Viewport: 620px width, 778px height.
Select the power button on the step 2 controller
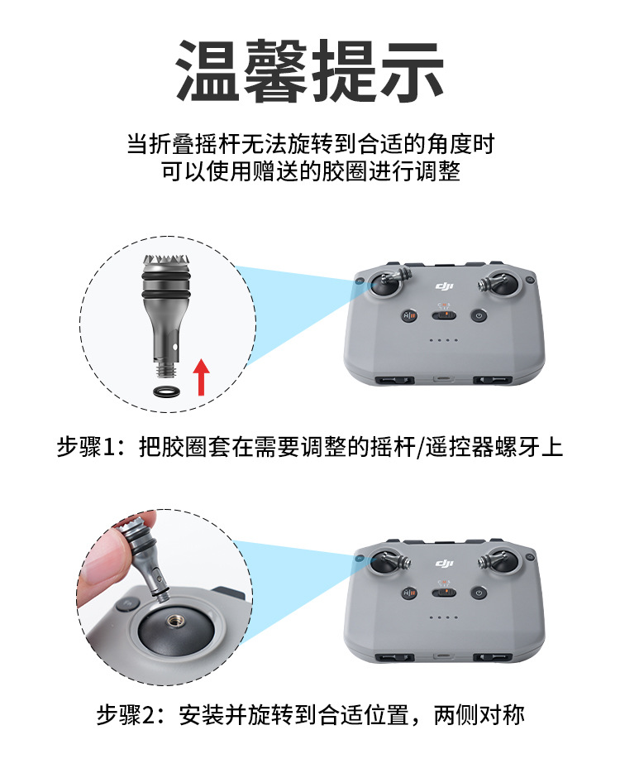click(x=479, y=593)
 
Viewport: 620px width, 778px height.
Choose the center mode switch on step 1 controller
click(x=443, y=315)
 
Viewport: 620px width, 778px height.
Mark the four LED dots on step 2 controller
click(x=443, y=617)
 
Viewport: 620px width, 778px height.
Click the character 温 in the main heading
click(x=209, y=72)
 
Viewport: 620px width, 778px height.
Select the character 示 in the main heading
click(x=411, y=72)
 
